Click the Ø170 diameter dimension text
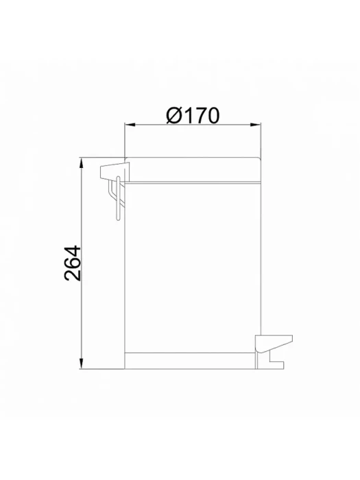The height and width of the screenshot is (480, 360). pos(193,115)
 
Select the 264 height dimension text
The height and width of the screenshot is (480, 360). pos(73,263)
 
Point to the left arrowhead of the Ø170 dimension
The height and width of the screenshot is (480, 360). pos(130,125)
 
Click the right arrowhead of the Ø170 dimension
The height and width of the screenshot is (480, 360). pos(255,125)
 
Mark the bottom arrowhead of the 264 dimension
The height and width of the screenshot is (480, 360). pos(82,363)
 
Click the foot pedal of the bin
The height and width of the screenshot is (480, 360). pos(274,344)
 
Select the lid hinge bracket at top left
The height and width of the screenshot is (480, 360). pos(115,171)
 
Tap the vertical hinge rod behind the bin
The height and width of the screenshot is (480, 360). pos(118,198)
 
